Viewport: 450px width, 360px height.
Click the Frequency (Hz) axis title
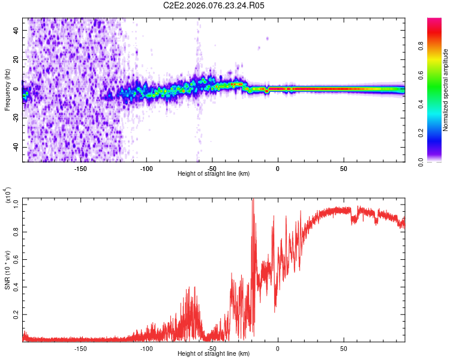pyautogui.click(x=7, y=90)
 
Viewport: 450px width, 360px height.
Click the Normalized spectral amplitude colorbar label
pyautogui.click(x=445, y=90)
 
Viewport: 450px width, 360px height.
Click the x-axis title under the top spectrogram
pyautogui.click(x=214, y=173)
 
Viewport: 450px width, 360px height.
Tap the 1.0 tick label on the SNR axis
pyautogui.click(x=16, y=204)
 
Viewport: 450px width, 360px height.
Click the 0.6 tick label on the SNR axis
pyautogui.click(x=16, y=259)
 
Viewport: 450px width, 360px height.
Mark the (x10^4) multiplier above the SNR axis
pyautogui.click(x=8, y=196)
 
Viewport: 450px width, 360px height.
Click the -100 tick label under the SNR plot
pyautogui.click(x=146, y=348)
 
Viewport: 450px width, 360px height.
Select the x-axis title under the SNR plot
pyautogui.click(x=214, y=354)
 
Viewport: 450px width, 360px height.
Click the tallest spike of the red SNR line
pyautogui.click(x=253, y=200)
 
